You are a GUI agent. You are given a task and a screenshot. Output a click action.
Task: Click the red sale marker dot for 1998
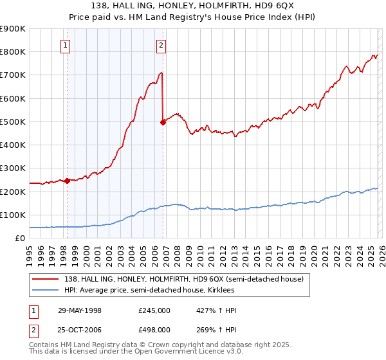tap(68, 181)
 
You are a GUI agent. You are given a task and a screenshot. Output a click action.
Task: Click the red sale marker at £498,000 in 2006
tap(163, 122)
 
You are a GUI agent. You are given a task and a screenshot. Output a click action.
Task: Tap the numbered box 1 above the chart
tap(66, 45)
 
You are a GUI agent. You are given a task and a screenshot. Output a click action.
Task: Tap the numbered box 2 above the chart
tap(160, 45)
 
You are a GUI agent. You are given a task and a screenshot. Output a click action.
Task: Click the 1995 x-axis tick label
tap(30, 251)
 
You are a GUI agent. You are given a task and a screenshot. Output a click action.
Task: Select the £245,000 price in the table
tap(154, 310)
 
